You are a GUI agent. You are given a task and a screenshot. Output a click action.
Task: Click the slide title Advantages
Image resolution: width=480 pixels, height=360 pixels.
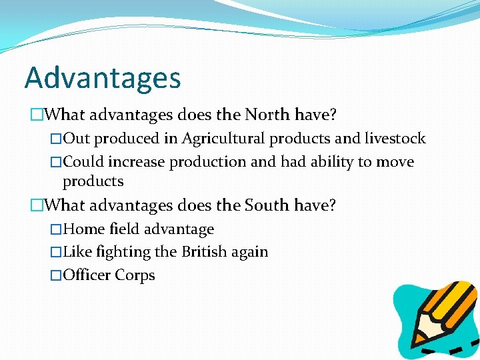tap(103, 78)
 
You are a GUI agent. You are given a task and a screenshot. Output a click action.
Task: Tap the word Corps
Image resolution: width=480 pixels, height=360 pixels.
tap(135, 275)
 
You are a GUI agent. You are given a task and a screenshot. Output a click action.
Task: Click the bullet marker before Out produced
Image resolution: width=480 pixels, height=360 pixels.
tap(56, 139)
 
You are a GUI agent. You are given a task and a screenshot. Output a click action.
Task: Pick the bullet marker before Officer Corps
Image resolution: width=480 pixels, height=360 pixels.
tap(56, 275)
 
